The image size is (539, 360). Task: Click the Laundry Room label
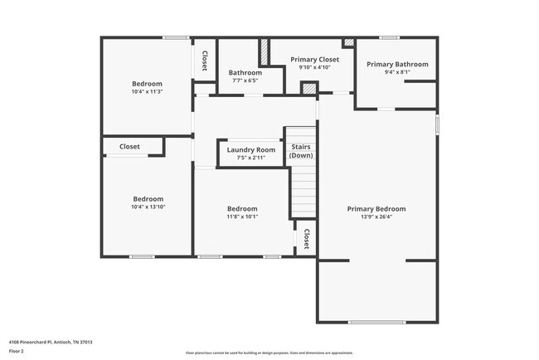point(245,149)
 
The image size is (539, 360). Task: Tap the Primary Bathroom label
point(397,64)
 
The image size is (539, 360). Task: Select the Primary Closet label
point(315,59)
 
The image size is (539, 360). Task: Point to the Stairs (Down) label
point(301,150)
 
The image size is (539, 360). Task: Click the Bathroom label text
point(245,72)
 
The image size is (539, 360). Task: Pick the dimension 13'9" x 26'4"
point(376,217)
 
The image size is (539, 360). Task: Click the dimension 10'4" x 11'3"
point(148,92)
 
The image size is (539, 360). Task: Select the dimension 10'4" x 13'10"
point(148,207)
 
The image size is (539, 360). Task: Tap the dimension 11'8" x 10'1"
point(243,216)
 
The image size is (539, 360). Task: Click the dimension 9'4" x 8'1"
point(397,72)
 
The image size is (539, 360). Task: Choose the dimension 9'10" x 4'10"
point(315,67)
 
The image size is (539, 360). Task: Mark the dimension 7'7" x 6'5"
point(245,80)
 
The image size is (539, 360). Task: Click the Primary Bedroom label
point(376,208)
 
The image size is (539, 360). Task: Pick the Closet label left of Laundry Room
point(129,146)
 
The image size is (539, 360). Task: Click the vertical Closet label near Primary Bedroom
point(306,239)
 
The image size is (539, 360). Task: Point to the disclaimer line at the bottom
point(269,353)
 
